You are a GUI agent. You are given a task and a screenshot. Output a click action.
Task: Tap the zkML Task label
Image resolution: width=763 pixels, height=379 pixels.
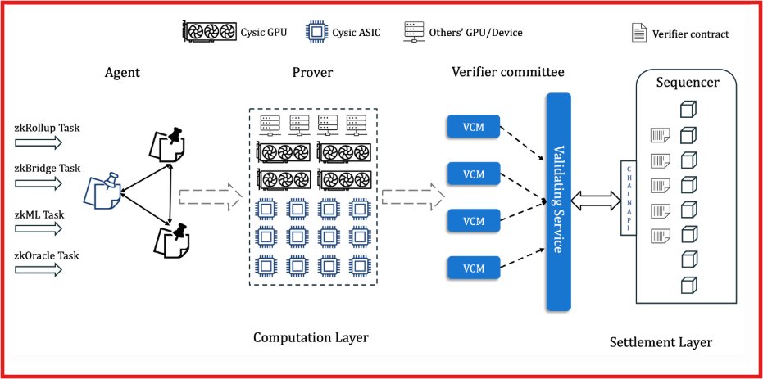point(40,214)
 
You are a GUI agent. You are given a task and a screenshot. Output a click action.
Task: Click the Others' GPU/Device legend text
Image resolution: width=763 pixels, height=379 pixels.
point(475,33)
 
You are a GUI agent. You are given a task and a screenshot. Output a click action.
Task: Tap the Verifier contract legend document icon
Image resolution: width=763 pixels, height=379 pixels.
point(637,34)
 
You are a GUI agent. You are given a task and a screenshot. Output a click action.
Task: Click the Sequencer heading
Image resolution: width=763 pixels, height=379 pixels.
point(688,83)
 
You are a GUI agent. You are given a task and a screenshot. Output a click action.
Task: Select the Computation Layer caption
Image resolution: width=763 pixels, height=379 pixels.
point(311,337)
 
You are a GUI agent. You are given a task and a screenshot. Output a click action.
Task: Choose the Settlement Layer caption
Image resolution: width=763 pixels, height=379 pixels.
point(661,342)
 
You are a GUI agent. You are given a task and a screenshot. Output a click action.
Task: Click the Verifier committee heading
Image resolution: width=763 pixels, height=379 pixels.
point(508,72)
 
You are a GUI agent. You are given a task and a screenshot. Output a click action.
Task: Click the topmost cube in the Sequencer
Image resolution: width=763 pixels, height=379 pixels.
point(688,110)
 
